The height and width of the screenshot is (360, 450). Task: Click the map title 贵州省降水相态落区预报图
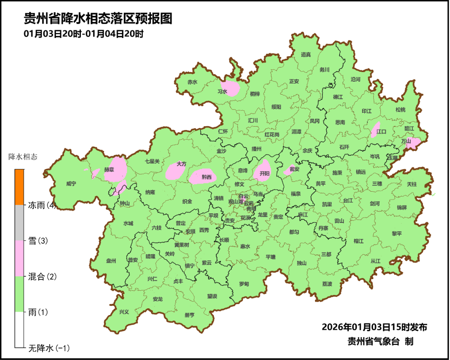(x=98, y=19)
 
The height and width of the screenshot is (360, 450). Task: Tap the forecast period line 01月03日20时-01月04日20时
(x=83, y=34)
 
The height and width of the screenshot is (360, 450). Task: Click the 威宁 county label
(x=71, y=183)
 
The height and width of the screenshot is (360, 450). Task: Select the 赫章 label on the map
(x=109, y=170)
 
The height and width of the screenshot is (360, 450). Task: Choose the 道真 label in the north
(x=306, y=55)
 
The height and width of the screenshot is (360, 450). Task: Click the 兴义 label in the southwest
(x=124, y=312)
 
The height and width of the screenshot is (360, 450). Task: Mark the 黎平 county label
(x=397, y=234)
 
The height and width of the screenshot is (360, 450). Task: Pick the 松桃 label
(x=400, y=110)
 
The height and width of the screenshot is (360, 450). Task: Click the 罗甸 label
(x=244, y=284)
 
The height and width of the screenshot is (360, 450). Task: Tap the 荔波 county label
(x=327, y=284)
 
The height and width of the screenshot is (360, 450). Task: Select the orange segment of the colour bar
(x=20, y=187)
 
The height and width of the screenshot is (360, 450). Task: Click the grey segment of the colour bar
(x=20, y=222)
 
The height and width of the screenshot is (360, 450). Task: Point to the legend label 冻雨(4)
(x=42, y=205)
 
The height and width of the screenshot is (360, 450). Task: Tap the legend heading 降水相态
(x=23, y=157)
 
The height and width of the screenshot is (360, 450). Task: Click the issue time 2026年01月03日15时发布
(x=374, y=327)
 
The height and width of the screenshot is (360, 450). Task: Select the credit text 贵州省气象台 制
(x=380, y=342)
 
